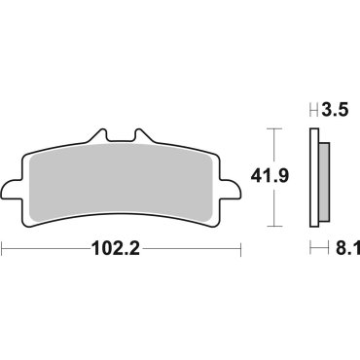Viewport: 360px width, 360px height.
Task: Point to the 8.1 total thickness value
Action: coord(336,249)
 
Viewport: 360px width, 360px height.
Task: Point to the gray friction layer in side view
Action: coord(323,179)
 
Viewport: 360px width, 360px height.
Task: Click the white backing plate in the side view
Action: coord(315,179)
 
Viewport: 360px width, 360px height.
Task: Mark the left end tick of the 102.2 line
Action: coord(3,250)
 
